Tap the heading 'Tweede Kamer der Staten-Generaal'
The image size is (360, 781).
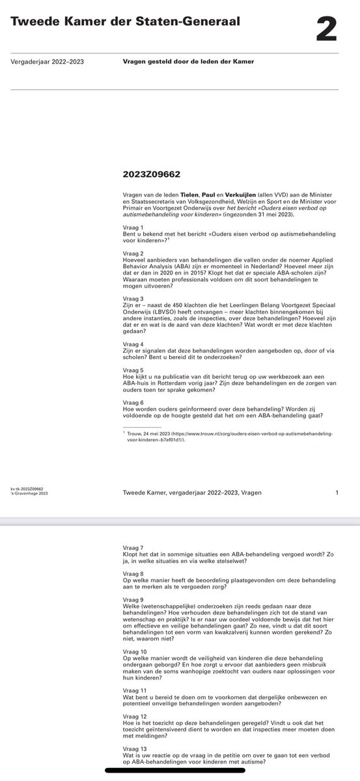coord(125,22)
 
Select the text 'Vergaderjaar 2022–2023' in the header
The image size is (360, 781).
coord(48,62)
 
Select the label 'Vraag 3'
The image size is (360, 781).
coord(133,298)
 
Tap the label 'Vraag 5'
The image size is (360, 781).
coord(133,371)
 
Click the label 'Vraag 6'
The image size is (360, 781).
coord(133,402)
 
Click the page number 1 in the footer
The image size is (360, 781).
coord(337,493)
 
